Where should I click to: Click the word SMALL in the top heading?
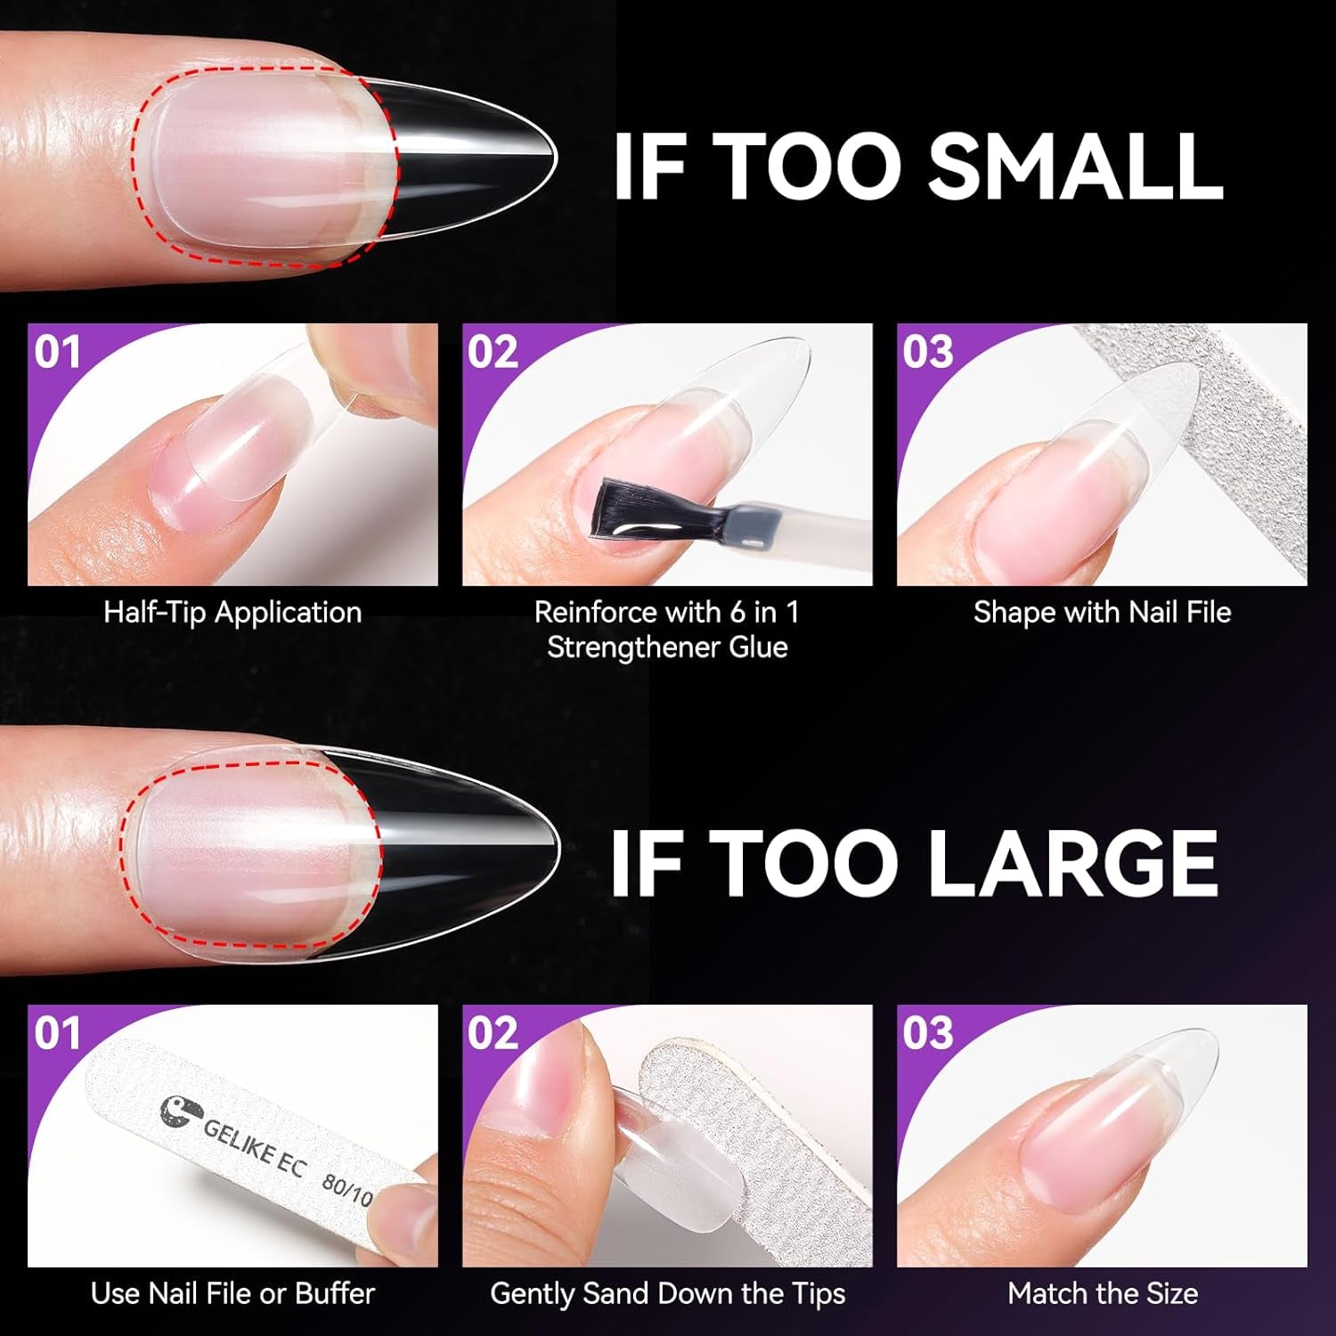click(1075, 167)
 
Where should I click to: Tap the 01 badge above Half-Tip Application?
click(57, 352)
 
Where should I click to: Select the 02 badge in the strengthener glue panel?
click(493, 352)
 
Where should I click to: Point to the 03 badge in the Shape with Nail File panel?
click(927, 352)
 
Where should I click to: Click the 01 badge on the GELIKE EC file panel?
click(57, 1033)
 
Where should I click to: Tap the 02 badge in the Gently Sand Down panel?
click(493, 1033)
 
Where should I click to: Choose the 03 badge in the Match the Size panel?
click(927, 1033)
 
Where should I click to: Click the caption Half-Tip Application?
click(232, 613)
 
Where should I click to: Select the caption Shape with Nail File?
click(1102, 613)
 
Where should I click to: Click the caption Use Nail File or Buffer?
click(232, 1293)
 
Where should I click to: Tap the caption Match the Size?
click(1102, 1293)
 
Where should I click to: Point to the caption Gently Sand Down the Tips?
click(667, 1293)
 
